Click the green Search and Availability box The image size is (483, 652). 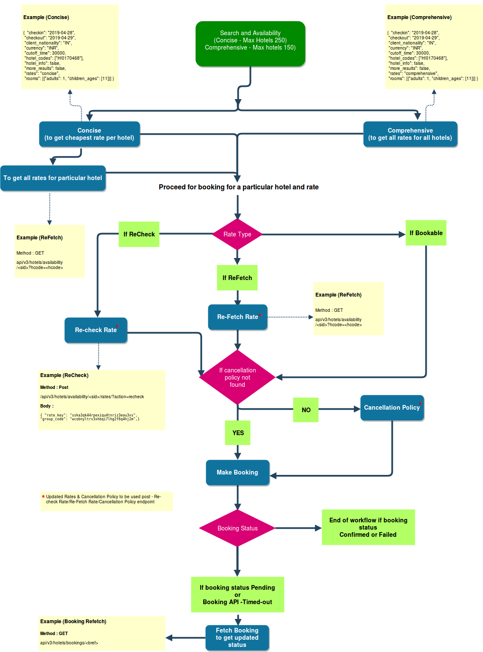pyautogui.click(x=250, y=44)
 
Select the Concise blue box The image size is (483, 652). pyautogui.click(x=89, y=134)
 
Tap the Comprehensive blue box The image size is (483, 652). pyautogui.click(x=410, y=134)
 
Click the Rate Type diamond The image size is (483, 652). pyautogui.click(x=237, y=234)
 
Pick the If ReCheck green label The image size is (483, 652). pyautogui.click(x=139, y=234)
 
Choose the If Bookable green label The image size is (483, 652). pyautogui.click(x=426, y=233)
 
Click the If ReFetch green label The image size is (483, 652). pyautogui.click(x=237, y=278)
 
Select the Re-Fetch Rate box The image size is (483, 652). pyautogui.click(x=237, y=317)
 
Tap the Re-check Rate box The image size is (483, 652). pyautogui.click(x=96, y=330)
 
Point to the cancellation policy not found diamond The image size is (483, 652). pyautogui.click(x=237, y=377)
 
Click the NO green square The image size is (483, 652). pyautogui.click(x=306, y=410)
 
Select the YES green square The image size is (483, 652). pyautogui.click(x=238, y=433)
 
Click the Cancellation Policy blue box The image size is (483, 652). pyautogui.click(x=392, y=408)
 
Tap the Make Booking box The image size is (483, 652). pyautogui.click(x=237, y=472)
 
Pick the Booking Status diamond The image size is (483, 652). pyautogui.click(x=237, y=528)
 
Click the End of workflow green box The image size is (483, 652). pyautogui.click(x=368, y=527)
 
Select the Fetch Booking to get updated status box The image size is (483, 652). pyautogui.click(x=237, y=638)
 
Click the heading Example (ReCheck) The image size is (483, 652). pyautogui.click(x=64, y=375)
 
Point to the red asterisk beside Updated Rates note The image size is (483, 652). pyautogui.click(x=43, y=497)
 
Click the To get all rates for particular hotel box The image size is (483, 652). pyautogui.click(x=53, y=178)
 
